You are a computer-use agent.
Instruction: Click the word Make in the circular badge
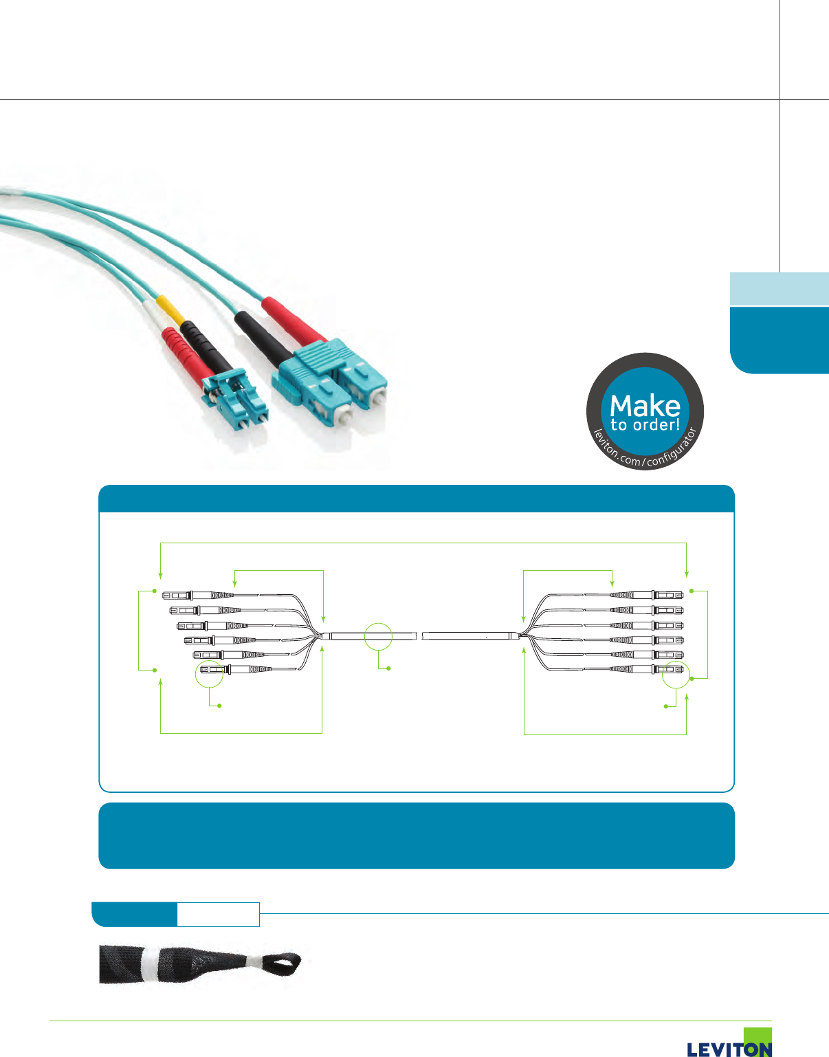645,405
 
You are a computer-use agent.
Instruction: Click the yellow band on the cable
170,310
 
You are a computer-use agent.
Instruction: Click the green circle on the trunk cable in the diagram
378,636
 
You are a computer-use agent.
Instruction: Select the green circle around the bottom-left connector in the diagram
210,673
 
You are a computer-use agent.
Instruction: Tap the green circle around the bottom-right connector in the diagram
676,675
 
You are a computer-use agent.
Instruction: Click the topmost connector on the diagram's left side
199,594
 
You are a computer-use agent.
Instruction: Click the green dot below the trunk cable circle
389,668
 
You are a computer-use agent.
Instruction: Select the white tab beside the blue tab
218,915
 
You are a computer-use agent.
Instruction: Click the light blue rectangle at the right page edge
779,289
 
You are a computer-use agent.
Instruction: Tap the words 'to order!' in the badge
645,425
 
